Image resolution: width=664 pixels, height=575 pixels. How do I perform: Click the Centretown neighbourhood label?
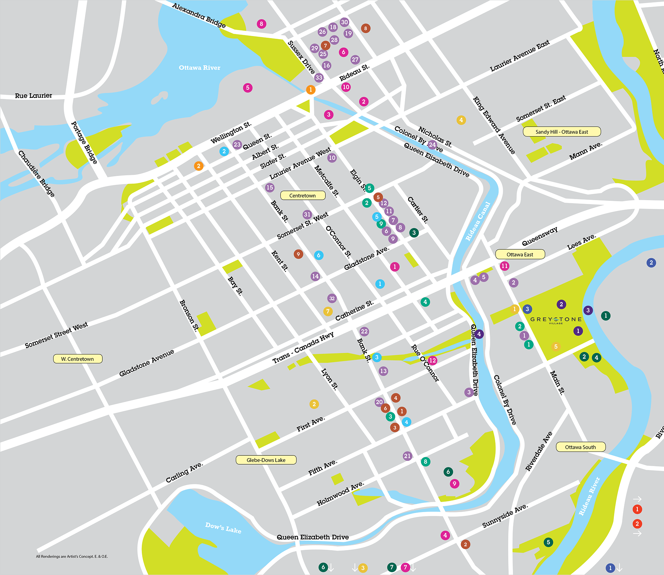(303, 195)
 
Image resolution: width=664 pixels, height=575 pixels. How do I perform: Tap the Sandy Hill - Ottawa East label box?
(562, 132)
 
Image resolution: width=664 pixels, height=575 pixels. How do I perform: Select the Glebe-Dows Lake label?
(266, 460)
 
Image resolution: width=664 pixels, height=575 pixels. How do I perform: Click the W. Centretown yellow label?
(77, 359)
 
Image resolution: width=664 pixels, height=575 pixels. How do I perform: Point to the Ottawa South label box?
(580, 447)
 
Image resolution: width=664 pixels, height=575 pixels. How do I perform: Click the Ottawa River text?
(199, 68)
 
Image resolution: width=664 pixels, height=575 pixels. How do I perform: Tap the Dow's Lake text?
(223, 528)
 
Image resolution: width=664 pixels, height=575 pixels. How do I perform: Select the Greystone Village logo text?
(556, 319)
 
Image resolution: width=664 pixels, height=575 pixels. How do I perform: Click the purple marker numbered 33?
(319, 77)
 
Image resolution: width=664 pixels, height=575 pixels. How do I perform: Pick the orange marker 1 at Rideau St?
(311, 90)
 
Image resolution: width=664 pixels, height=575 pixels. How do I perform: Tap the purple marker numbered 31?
(307, 214)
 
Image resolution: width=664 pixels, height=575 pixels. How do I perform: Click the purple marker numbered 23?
(237, 145)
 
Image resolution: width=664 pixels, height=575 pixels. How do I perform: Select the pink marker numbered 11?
(505, 266)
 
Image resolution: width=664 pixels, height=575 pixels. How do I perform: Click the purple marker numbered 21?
(407, 456)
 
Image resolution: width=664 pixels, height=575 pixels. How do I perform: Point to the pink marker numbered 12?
(432, 361)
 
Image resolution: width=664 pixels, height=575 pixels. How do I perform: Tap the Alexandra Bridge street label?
(199, 15)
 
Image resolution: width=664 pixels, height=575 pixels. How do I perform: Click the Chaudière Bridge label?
(36, 174)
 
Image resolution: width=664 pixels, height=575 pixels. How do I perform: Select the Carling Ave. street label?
(184, 473)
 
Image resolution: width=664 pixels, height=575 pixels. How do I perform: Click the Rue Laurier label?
(33, 96)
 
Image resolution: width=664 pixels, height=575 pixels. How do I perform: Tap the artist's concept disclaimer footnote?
(72, 556)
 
